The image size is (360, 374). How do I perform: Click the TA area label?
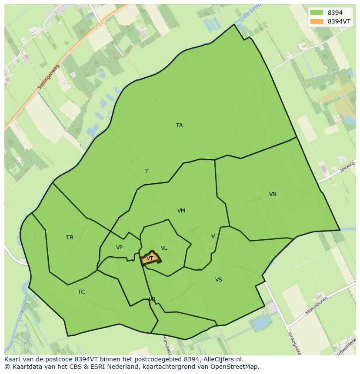(x=179, y=126)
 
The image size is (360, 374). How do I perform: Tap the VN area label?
(x=273, y=194)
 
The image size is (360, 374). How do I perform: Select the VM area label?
(x=181, y=211)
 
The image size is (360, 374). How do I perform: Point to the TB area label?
(x=70, y=238)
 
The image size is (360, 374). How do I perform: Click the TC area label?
(x=81, y=292)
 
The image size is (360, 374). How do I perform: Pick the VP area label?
(x=119, y=248)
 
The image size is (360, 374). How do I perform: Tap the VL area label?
(x=164, y=248)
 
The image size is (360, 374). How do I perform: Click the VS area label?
(x=218, y=280)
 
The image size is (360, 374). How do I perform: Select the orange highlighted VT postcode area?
(x=150, y=258)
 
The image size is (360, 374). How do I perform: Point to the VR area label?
(x=152, y=299)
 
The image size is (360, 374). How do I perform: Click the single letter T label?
(x=147, y=171)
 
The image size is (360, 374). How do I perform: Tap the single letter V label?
(x=213, y=236)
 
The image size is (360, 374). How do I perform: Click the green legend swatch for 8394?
(x=317, y=13)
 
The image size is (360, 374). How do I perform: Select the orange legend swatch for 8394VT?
(x=317, y=21)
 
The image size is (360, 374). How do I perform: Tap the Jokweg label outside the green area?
(x=348, y=166)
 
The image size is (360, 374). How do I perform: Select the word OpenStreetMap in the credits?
(x=236, y=367)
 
